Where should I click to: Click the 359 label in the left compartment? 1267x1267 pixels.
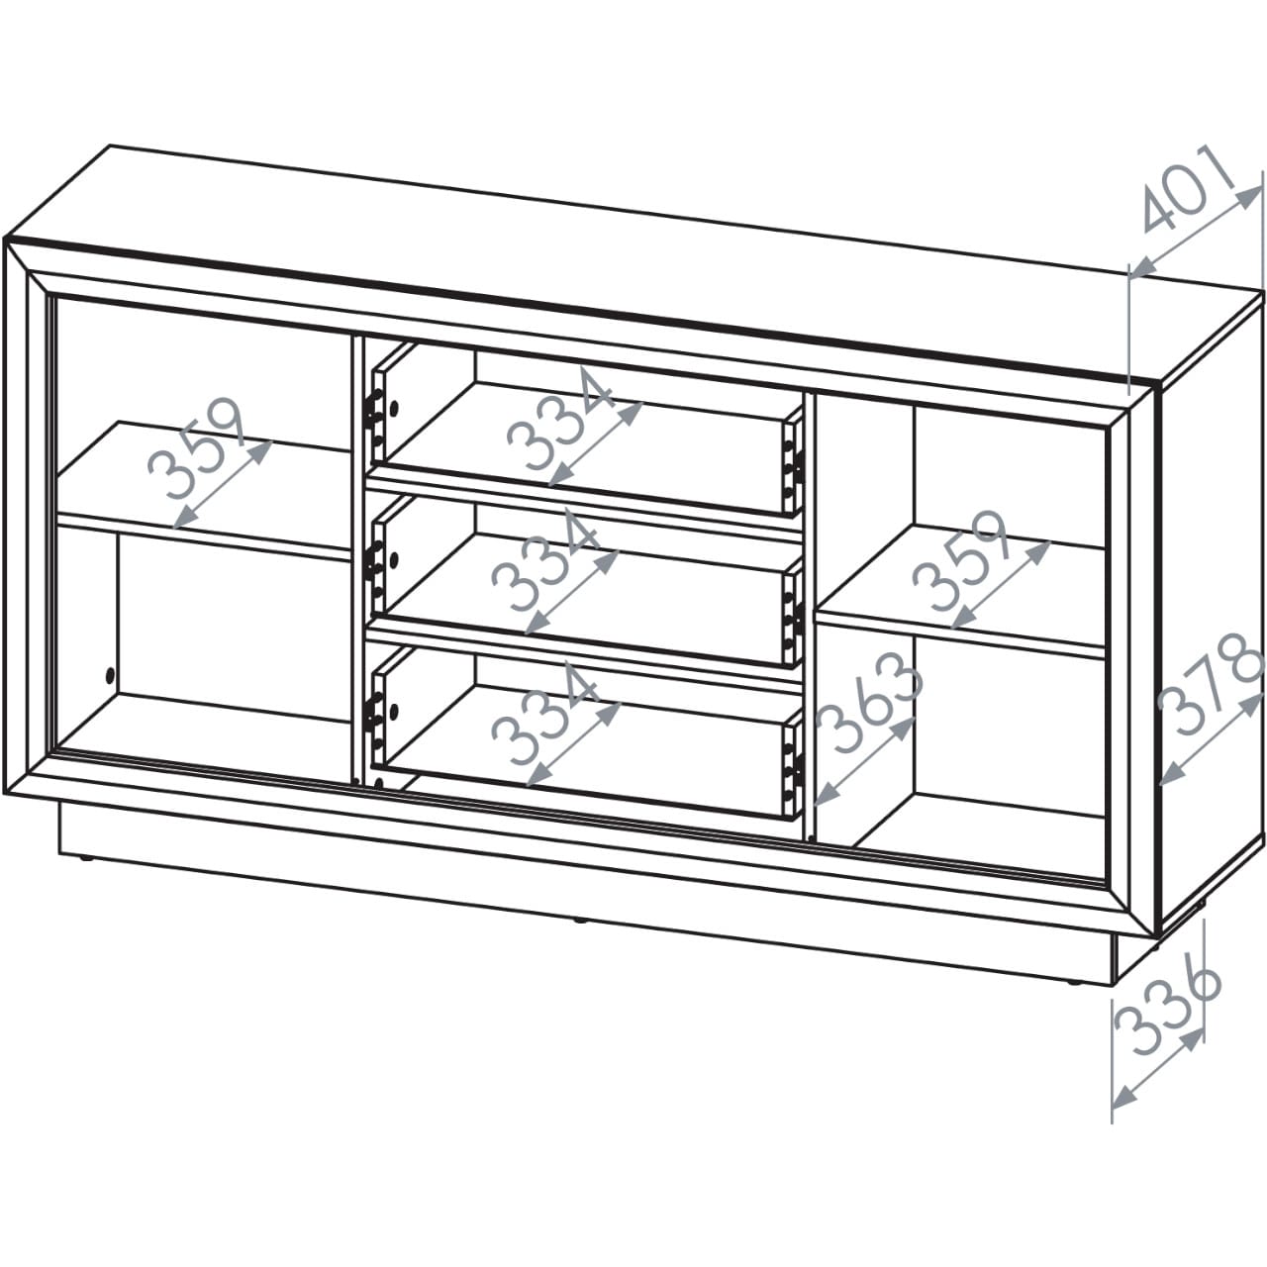point(197,447)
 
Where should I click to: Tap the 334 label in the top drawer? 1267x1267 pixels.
point(559,419)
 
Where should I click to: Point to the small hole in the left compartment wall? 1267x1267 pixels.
point(109,675)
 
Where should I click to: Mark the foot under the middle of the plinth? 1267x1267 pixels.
point(579,922)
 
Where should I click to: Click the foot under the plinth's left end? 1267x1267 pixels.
point(86,858)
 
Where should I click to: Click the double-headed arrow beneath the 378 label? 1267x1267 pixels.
point(1211,740)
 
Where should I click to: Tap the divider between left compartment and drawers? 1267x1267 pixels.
point(359,559)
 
